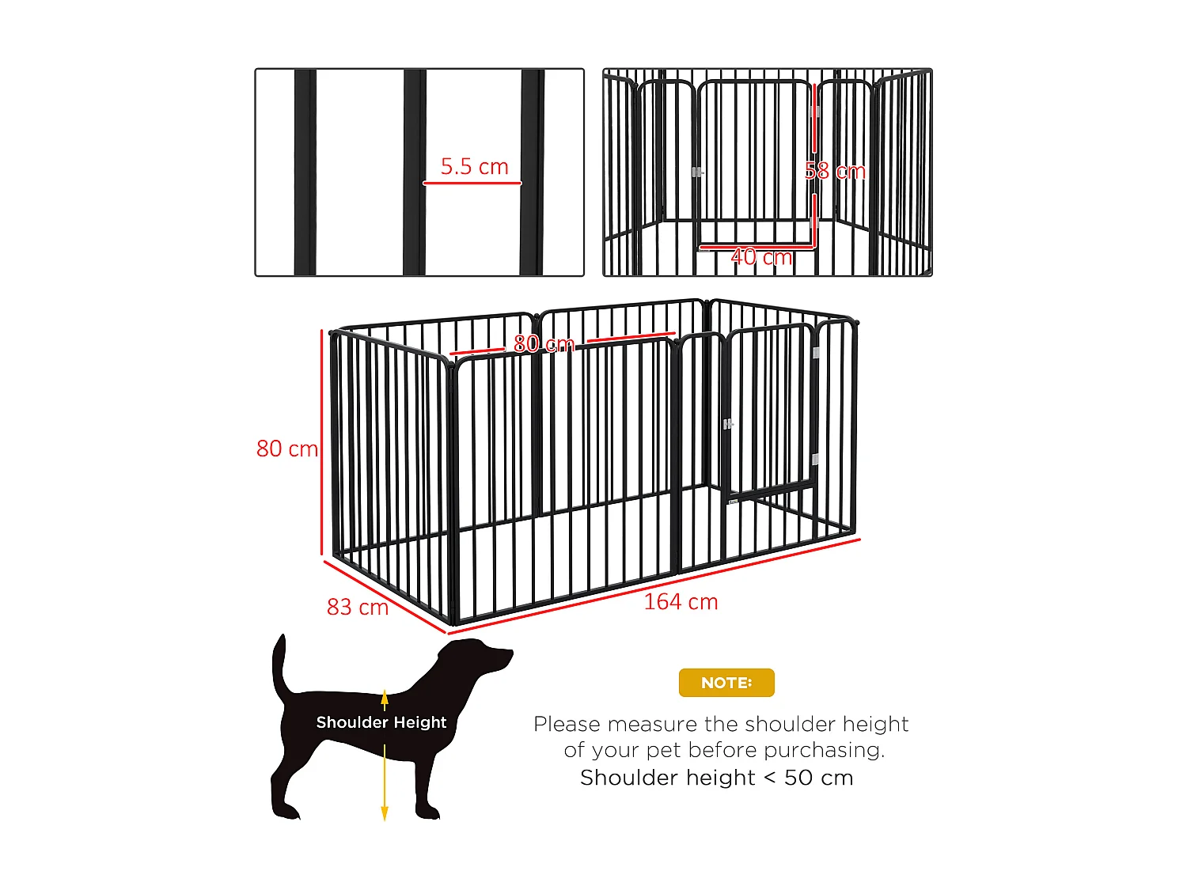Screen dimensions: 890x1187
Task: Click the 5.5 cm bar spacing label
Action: point(474,166)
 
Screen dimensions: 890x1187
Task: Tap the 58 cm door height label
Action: point(835,171)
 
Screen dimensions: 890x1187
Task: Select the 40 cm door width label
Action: point(760,257)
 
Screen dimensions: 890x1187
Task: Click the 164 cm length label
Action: point(681,602)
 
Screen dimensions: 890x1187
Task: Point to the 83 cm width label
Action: point(358,607)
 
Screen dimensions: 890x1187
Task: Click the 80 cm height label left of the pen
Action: point(286,449)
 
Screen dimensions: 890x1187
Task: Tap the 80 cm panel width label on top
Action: point(544,343)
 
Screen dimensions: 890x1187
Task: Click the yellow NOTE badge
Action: point(726,683)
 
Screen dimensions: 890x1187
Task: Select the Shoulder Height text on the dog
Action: point(381,722)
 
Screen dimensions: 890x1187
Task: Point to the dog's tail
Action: point(279,665)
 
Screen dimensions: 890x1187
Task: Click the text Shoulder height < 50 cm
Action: point(716,778)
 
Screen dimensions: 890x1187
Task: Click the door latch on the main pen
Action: point(728,425)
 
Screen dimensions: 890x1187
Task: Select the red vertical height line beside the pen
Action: point(322,443)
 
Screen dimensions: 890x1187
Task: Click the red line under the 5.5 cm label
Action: point(472,184)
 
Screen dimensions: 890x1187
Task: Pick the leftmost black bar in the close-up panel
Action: point(305,172)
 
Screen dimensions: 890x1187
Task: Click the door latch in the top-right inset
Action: point(696,172)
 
